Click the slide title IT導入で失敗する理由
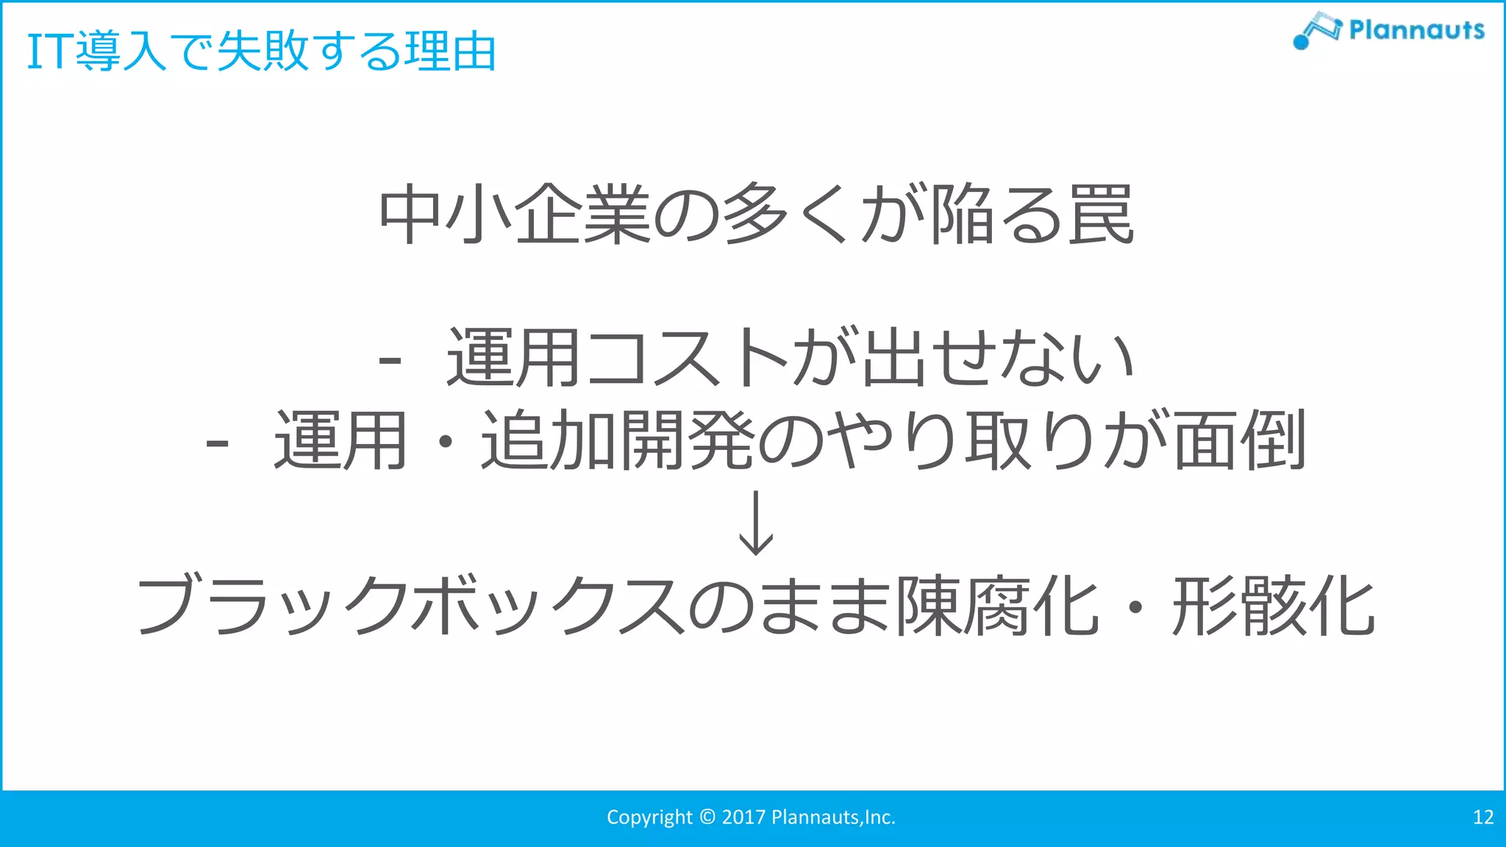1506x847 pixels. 261,51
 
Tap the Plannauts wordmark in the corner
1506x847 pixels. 1416,30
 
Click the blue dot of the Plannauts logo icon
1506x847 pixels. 1301,42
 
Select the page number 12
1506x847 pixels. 1483,818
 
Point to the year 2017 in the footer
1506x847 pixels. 743,818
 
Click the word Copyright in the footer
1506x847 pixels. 649,818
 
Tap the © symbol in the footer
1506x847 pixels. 707,818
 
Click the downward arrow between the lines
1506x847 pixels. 756,523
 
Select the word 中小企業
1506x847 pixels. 515,215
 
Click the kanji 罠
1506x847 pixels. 1101,215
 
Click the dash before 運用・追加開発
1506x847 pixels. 218,443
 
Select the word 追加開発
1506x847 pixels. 618,440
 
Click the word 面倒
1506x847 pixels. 1240,440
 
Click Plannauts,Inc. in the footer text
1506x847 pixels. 833,818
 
